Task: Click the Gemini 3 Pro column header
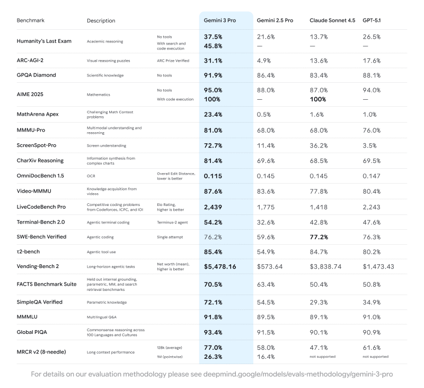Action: coord(220,20)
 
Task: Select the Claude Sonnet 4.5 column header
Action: coord(332,20)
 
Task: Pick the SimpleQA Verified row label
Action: coord(40,302)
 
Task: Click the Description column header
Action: coord(101,21)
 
